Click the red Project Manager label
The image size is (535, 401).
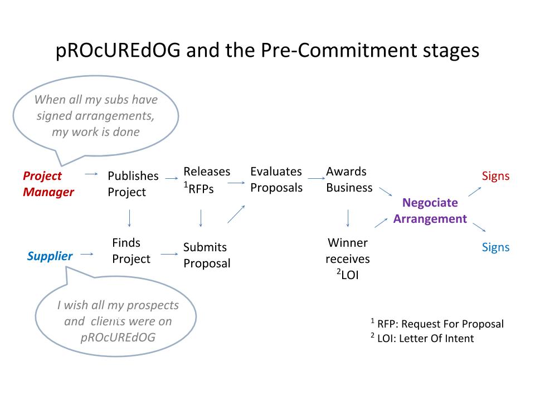click(x=48, y=184)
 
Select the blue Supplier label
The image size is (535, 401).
click(x=50, y=256)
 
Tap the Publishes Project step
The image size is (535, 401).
click(x=133, y=184)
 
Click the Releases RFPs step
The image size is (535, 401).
click(x=207, y=180)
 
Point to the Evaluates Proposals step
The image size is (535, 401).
click(x=276, y=179)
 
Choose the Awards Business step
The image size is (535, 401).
click(x=349, y=179)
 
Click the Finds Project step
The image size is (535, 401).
click(x=131, y=251)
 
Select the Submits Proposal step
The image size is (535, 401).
click(x=207, y=255)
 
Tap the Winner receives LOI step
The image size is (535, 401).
click(x=348, y=258)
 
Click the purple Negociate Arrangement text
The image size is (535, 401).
click(x=430, y=211)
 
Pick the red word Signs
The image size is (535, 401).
click(x=495, y=176)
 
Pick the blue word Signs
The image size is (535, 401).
click(x=495, y=247)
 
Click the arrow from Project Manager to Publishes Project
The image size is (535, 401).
click(x=91, y=174)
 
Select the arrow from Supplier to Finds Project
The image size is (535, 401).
click(x=87, y=254)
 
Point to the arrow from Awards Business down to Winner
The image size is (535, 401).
click(x=348, y=218)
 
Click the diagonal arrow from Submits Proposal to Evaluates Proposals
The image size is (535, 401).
click(x=236, y=214)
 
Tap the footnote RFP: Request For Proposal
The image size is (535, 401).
click(x=437, y=324)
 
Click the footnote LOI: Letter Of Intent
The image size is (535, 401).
click(x=422, y=338)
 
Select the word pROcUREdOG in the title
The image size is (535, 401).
click(x=118, y=50)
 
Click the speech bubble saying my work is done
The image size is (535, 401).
click(x=95, y=116)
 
